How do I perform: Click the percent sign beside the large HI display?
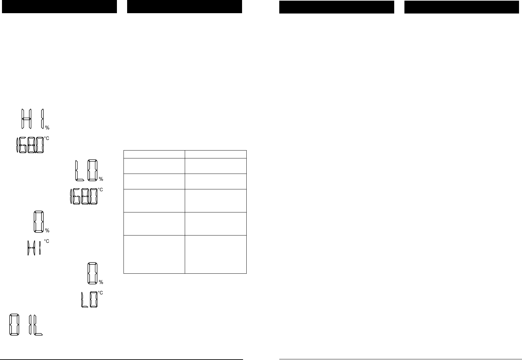[x=47, y=128]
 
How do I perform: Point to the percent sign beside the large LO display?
[x=101, y=179]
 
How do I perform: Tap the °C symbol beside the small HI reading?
[x=47, y=241]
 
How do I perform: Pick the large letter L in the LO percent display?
[x=79, y=170]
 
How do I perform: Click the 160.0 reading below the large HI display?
[x=30, y=145]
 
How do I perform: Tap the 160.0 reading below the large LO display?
[x=84, y=196]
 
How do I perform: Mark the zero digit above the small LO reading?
[x=92, y=273]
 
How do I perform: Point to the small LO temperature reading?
[x=90, y=299]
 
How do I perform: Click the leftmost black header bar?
[x=59, y=7]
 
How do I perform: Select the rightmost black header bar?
[x=461, y=7]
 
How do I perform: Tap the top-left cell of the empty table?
[x=154, y=154]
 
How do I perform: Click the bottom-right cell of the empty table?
[x=216, y=254]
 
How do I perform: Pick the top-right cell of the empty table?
[x=216, y=154]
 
